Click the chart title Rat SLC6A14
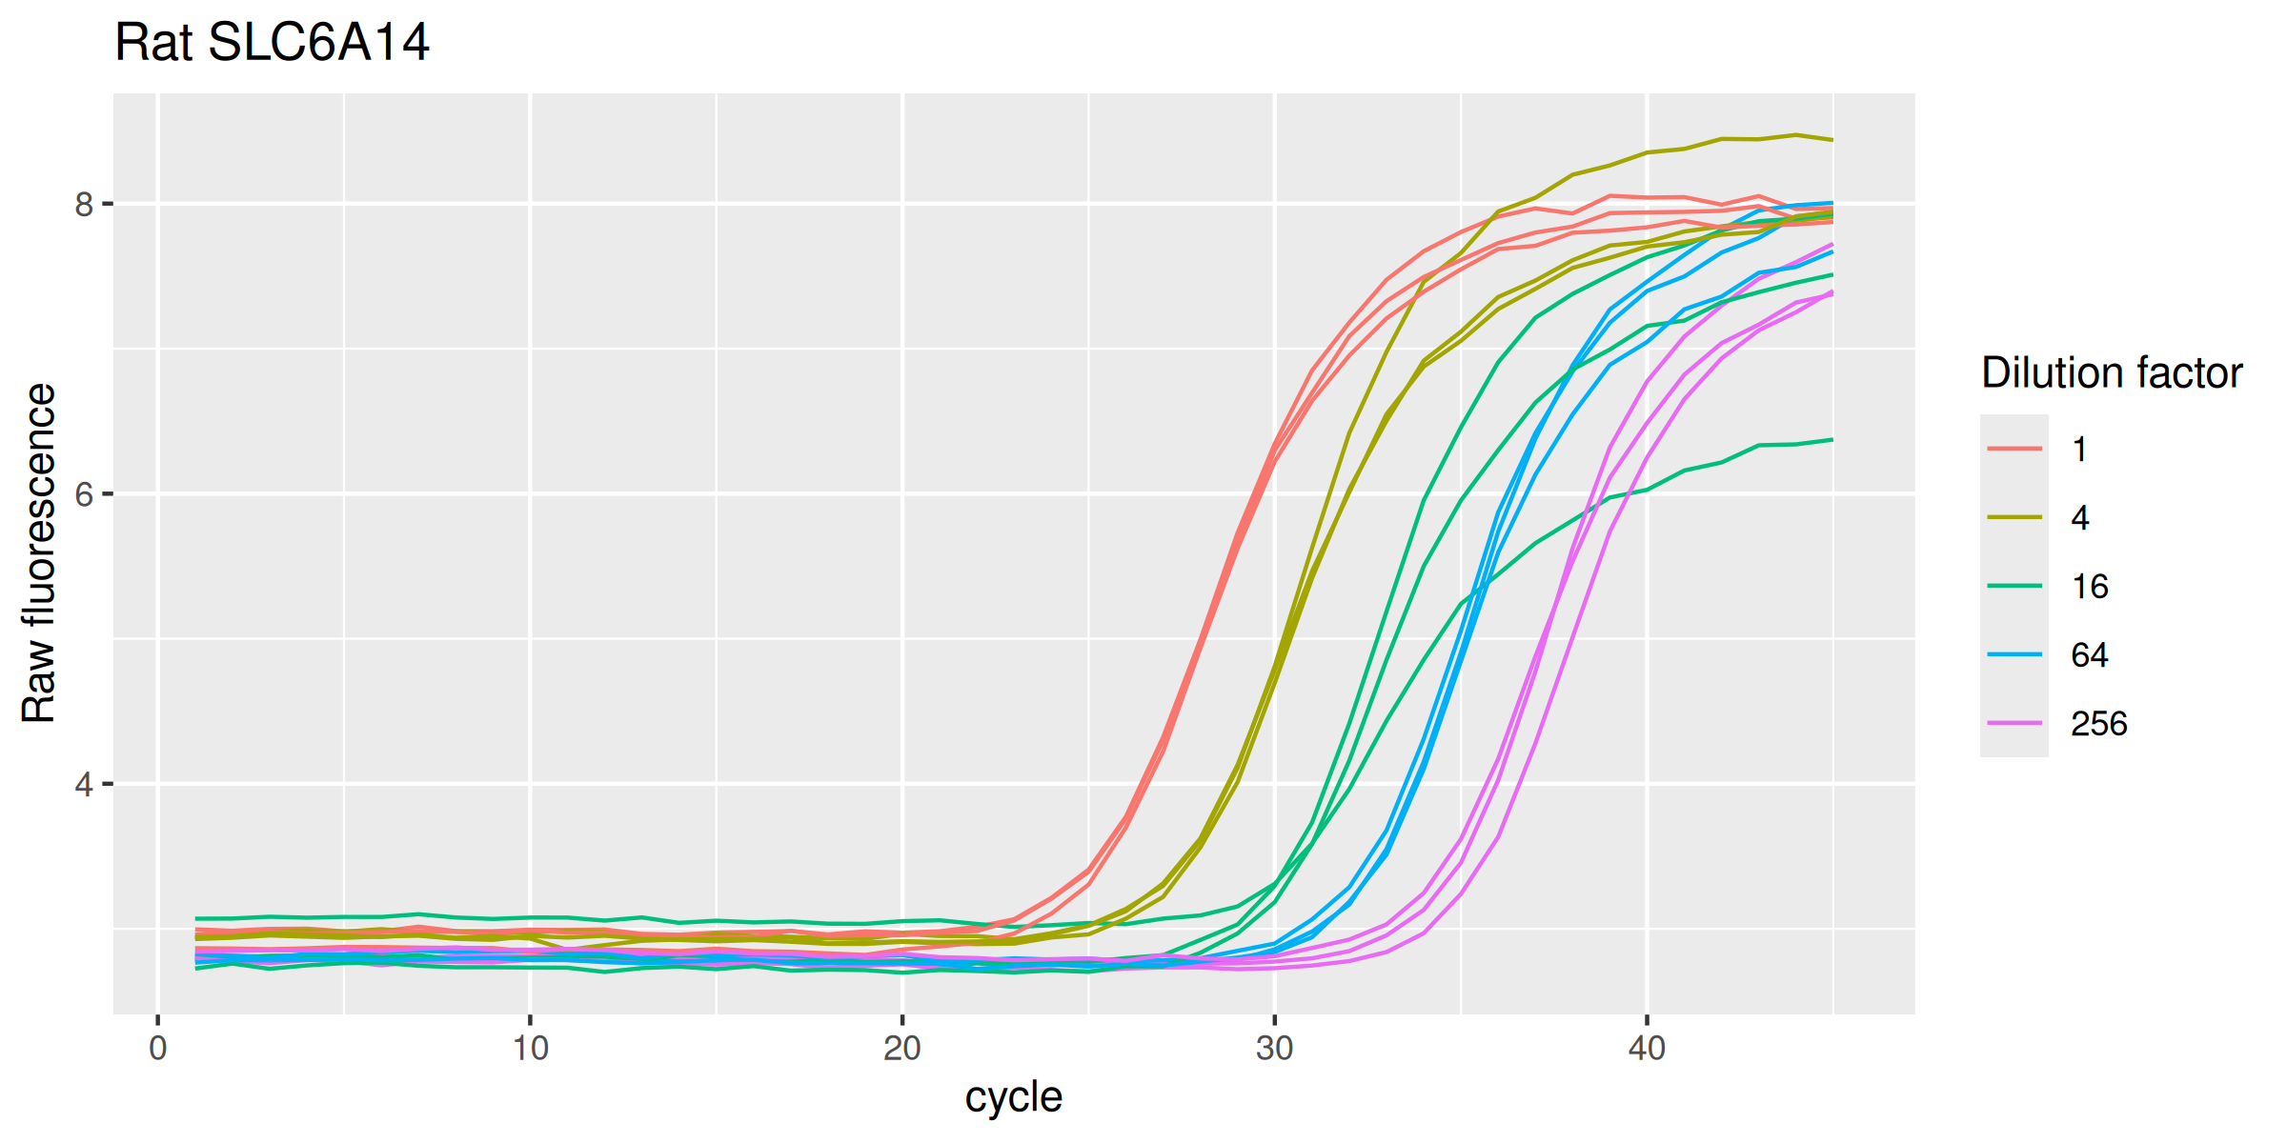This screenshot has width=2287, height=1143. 272,44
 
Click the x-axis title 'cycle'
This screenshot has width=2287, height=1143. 1013,1097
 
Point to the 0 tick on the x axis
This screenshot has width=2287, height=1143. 158,1049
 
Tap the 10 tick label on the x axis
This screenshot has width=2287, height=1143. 530,1049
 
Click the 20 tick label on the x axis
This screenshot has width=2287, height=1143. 901,1049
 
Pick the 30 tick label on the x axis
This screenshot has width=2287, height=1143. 1274,1049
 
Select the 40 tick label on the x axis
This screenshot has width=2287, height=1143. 1646,1049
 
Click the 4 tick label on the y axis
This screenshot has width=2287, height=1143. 85,785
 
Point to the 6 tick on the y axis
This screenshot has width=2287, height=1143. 85,494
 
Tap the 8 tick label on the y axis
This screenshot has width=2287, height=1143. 85,204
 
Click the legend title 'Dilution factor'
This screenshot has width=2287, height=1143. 2112,373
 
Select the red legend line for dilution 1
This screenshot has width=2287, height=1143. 2014,449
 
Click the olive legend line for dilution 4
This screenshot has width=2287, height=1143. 2014,517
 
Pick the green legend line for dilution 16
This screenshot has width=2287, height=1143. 2014,586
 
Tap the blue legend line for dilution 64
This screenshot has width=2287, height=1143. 2014,654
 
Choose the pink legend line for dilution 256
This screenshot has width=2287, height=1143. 2014,723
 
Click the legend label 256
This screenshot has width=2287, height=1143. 2098,724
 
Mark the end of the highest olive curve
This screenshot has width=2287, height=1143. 1832,140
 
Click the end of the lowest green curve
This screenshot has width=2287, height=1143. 1832,439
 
